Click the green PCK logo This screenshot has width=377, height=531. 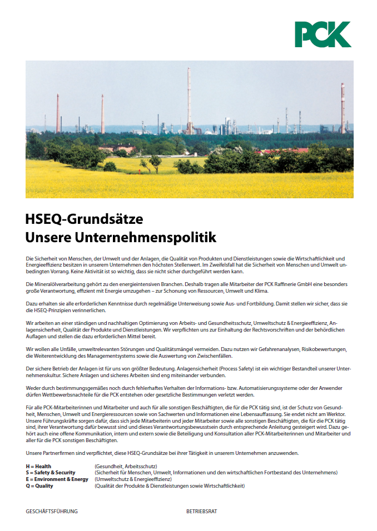tap(323, 34)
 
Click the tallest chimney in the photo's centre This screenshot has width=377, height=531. tap(189, 100)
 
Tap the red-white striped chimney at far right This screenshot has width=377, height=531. tap(343, 108)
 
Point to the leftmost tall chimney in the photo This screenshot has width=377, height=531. tap(58, 114)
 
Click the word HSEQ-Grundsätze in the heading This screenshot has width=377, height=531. tap(84, 219)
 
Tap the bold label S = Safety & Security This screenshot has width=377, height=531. tap(51, 473)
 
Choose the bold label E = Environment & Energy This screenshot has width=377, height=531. tap(57, 479)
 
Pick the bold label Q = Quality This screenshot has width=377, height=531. tap(39, 486)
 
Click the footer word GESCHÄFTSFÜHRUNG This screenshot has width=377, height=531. tap(52, 511)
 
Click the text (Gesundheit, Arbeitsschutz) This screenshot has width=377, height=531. tap(126, 466)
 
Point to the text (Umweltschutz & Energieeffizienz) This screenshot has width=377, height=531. tap(133, 479)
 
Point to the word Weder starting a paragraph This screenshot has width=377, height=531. tap(33, 388)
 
